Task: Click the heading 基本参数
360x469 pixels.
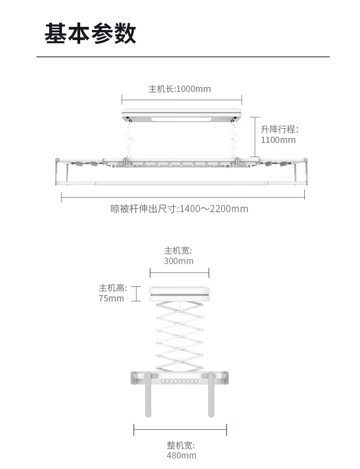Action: tap(90, 34)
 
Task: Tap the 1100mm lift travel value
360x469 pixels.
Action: tap(278, 140)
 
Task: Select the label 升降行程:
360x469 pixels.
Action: tap(279, 129)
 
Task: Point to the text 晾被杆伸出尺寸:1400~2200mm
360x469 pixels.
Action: tap(180, 209)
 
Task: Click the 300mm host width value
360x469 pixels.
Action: tap(179, 261)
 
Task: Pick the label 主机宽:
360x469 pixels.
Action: tap(179, 250)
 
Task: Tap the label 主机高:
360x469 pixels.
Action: tap(113, 288)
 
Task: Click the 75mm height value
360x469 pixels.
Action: tap(111, 299)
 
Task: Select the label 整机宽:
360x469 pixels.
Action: tap(180, 445)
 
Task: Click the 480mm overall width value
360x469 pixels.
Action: tap(181, 455)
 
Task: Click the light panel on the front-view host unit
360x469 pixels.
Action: tap(181, 120)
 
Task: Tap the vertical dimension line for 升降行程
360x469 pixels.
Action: tap(255, 137)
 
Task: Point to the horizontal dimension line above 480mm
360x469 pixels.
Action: tap(180, 429)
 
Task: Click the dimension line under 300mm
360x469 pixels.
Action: tap(179, 273)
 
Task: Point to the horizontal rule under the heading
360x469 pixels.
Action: tap(183, 57)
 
